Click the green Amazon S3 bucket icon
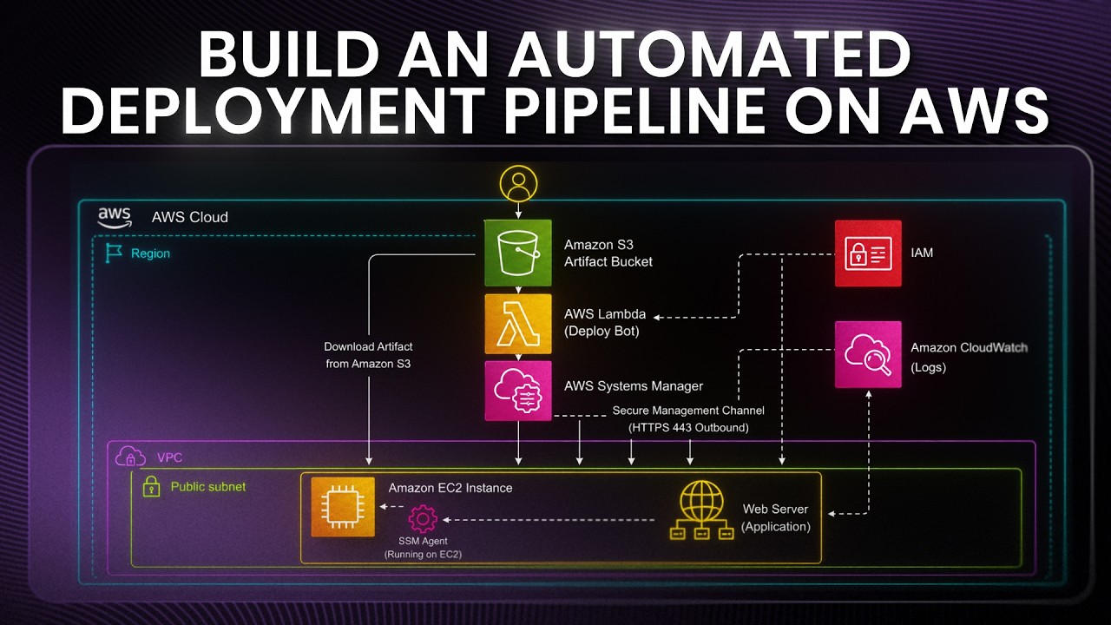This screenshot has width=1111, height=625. click(x=518, y=253)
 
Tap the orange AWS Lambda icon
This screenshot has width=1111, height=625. click(x=518, y=324)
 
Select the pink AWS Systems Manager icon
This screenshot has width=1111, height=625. click(x=518, y=391)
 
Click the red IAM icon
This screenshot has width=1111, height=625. click(x=868, y=253)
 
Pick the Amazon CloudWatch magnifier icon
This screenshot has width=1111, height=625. click(x=868, y=354)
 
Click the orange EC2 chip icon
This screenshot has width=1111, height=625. click(x=343, y=507)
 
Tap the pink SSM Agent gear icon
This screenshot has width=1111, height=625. click(x=423, y=519)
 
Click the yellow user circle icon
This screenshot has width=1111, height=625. click(x=518, y=183)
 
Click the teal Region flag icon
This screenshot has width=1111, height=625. click(x=113, y=253)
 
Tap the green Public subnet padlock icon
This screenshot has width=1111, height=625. click(x=151, y=487)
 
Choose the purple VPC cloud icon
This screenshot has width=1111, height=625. click(x=130, y=457)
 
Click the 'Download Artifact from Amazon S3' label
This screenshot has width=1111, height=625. click(x=368, y=355)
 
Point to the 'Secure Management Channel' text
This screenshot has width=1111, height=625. click(x=688, y=411)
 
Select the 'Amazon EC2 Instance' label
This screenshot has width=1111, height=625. click(x=450, y=488)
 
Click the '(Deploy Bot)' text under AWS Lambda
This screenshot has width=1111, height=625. click(x=602, y=331)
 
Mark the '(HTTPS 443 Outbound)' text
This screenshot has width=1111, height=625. click(x=688, y=428)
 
